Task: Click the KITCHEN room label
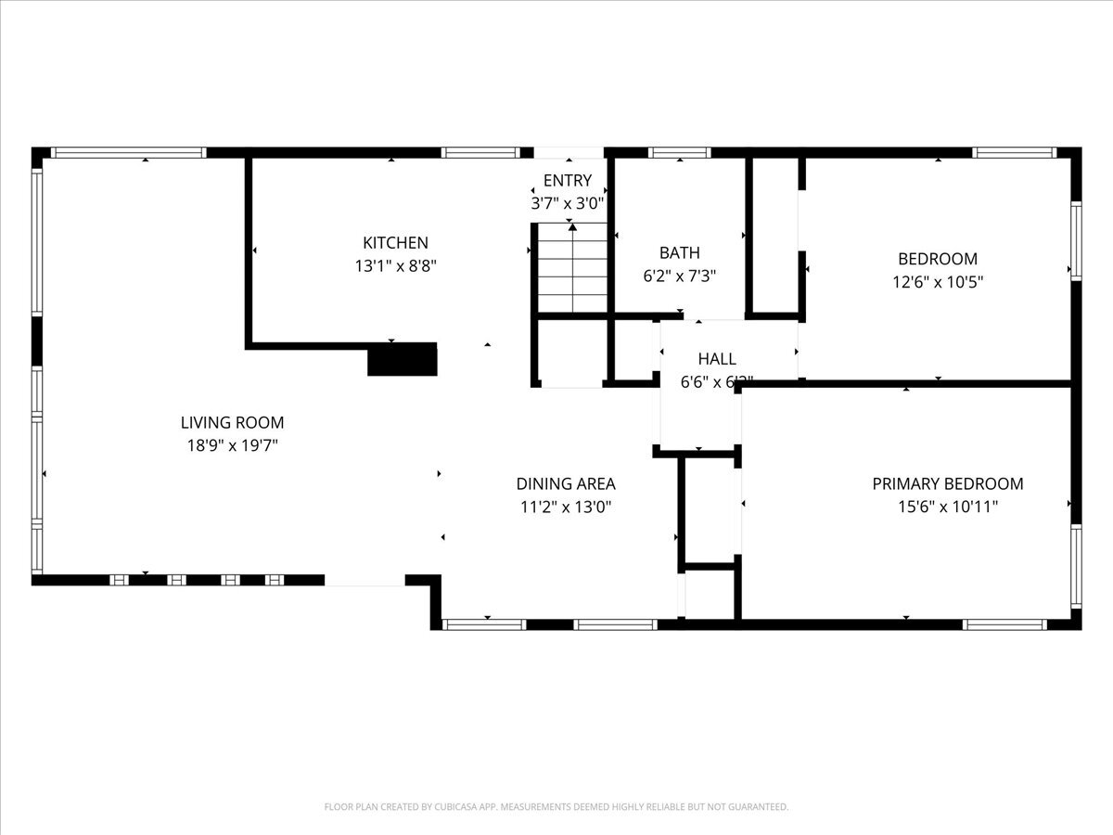pyautogui.click(x=395, y=243)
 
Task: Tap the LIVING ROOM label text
pyautogui.click(x=232, y=423)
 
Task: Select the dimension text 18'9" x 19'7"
pyautogui.click(x=232, y=446)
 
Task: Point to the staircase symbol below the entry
pyautogui.click(x=572, y=270)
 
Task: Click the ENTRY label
pyautogui.click(x=568, y=181)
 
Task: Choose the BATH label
pyautogui.click(x=680, y=252)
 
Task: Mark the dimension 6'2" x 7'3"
pyautogui.click(x=680, y=276)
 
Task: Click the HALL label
pyautogui.click(x=717, y=359)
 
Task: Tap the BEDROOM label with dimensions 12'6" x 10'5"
pyautogui.click(x=938, y=259)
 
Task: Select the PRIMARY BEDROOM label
pyautogui.click(x=948, y=483)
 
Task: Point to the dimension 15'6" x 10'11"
pyautogui.click(x=948, y=507)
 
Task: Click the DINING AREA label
pyautogui.click(x=566, y=483)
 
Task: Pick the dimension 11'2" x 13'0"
pyautogui.click(x=566, y=507)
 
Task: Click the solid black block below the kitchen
pyautogui.click(x=403, y=359)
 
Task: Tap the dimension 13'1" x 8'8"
pyautogui.click(x=395, y=266)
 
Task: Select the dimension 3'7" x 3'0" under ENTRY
pyautogui.click(x=568, y=203)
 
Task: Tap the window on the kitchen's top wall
pyautogui.click(x=480, y=153)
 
